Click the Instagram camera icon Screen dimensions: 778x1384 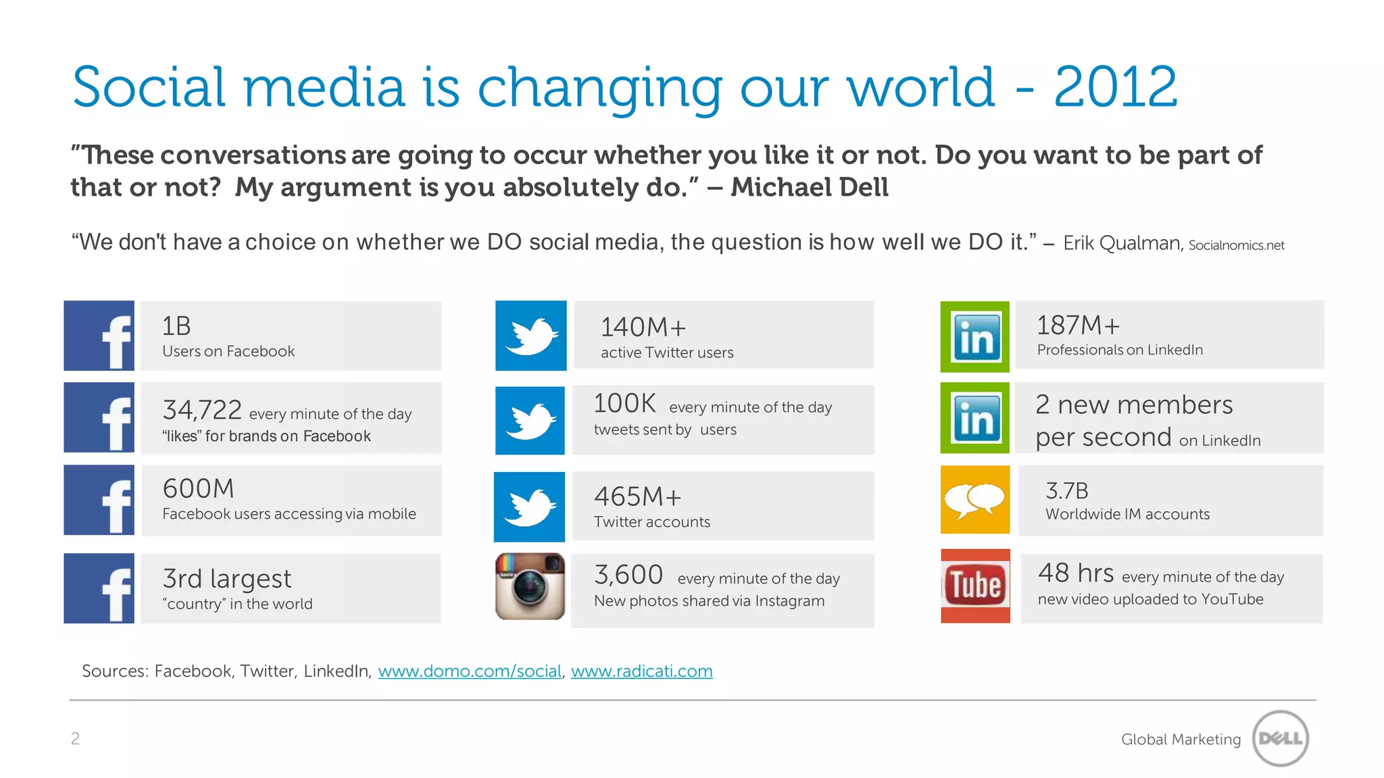pyautogui.click(x=530, y=586)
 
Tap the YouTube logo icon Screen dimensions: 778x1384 pyautogui.click(x=975, y=586)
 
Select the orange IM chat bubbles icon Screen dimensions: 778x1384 pyautogui.click(x=975, y=500)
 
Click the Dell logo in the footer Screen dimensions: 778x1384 pyautogui.click(x=1281, y=738)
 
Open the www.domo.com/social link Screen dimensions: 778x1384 pyautogui.click(x=470, y=671)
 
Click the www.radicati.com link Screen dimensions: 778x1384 pyautogui.click(x=641, y=671)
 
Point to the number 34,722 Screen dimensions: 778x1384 pyautogui.click(x=202, y=410)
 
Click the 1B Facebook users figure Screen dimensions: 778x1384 pyautogui.click(x=176, y=326)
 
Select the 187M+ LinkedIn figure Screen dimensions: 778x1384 pyautogui.click(x=1078, y=326)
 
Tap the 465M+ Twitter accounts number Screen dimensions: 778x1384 pyautogui.click(x=637, y=496)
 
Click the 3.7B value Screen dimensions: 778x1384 pyautogui.click(x=1066, y=490)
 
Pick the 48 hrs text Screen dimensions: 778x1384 pyautogui.click(x=1076, y=573)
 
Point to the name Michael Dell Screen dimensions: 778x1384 pyautogui.click(x=810, y=187)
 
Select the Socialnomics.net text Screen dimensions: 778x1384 pyautogui.click(x=1236, y=245)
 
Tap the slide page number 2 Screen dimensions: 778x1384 pyautogui.click(x=75, y=738)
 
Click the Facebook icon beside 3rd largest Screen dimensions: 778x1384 pyautogui.click(x=99, y=588)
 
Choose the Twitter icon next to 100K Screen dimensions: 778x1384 pyautogui.click(x=530, y=420)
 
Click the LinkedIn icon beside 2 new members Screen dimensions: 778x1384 pyautogui.click(x=975, y=418)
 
